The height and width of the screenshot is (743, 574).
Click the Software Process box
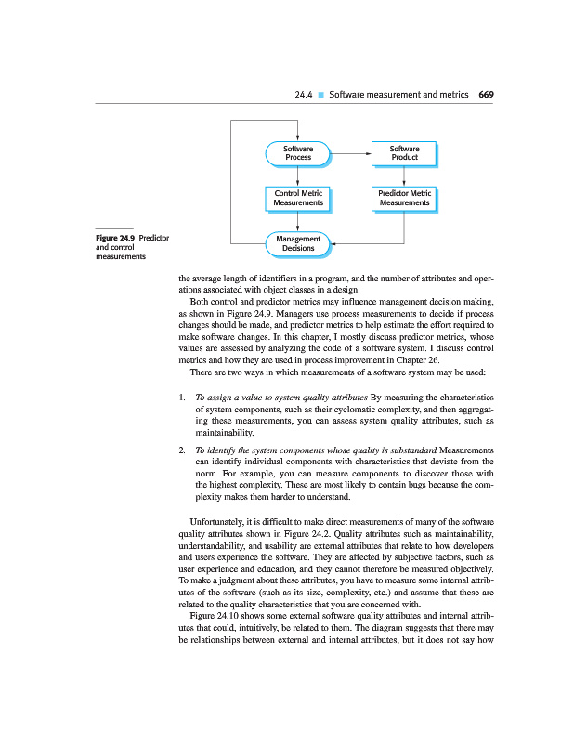click(297, 153)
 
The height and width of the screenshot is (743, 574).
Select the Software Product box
click(404, 153)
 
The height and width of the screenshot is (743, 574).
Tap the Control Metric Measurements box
click(297, 198)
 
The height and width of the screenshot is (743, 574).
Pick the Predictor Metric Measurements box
click(404, 198)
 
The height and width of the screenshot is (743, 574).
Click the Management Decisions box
click(297, 243)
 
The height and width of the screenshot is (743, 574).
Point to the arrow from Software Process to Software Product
click(351, 153)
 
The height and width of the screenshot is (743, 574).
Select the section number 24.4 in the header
click(304, 95)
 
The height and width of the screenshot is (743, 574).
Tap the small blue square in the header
click(320, 95)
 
